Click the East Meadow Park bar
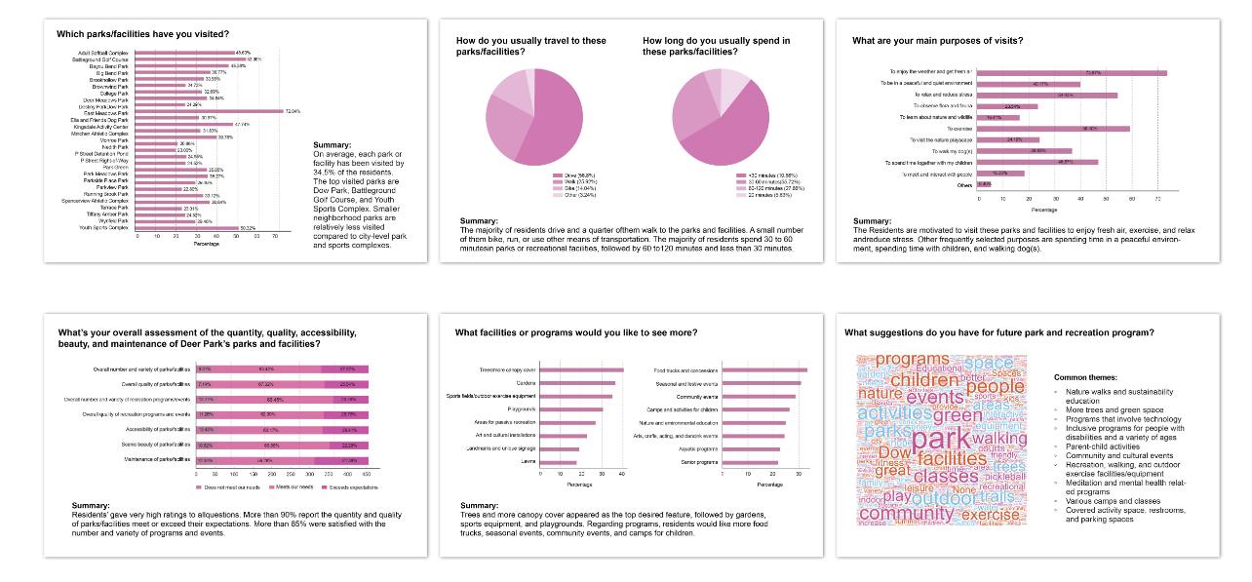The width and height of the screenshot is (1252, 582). click(209, 112)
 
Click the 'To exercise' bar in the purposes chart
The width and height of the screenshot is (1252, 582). click(1053, 128)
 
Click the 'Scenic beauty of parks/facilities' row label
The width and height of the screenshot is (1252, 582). click(147, 445)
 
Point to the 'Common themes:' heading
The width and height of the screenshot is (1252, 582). click(1085, 376)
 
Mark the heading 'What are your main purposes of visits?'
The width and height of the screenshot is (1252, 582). click(937, 41)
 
